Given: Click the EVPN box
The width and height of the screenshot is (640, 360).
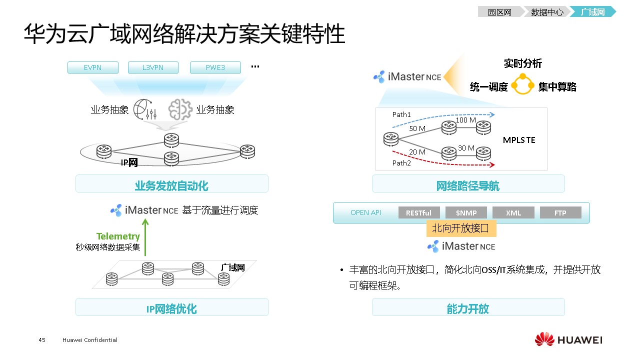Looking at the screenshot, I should click(x=93, y=67).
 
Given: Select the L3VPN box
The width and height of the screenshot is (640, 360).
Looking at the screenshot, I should click(x=153, y=67).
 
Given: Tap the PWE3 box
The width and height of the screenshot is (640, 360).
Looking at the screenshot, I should click(x=215, y=67).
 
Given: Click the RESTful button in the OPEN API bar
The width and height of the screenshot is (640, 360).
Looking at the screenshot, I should click(x=418, y=212).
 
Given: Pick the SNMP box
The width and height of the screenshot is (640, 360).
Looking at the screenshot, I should click(x=466, y=212).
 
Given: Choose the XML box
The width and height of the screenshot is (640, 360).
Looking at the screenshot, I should click(x=513, y=212).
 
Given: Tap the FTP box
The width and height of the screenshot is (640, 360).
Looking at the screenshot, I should click(x=560, y=212).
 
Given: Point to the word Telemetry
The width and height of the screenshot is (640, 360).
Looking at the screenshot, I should click(x=118, y=236).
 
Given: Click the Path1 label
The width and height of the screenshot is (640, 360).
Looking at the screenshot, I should click(x=401, y=114).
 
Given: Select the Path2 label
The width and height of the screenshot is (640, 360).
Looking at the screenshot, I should click(x=401, y=163).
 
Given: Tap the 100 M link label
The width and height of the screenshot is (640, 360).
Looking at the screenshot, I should click(x=465, y=120).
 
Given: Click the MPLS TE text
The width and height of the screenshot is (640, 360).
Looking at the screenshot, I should click(x=519, y=140).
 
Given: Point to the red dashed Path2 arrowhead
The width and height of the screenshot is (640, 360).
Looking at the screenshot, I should click(x=492, y=164).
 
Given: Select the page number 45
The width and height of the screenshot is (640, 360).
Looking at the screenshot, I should click(x=42, y=340).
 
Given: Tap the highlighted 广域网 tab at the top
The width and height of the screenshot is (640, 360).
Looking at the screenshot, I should click(x=592, y=12).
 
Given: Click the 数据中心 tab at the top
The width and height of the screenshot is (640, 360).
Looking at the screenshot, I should click(x=546, y=12).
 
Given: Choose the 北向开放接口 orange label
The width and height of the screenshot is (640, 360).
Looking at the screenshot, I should click(x=460, y=228).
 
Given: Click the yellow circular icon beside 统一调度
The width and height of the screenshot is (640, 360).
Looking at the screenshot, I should click(x=523, y=84).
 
